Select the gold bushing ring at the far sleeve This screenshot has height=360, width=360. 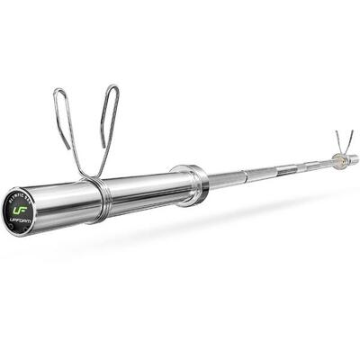pyautogui.click(x=335, y=159)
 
